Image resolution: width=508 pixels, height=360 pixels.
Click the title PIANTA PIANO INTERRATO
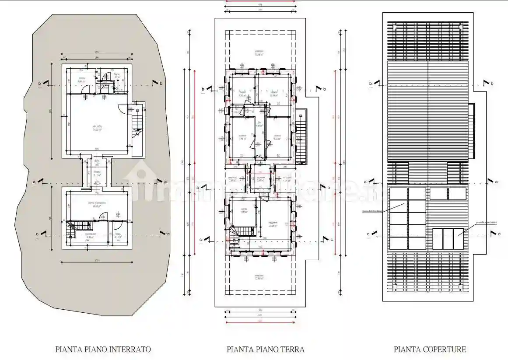103,350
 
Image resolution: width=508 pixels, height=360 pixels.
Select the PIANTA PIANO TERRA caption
265,350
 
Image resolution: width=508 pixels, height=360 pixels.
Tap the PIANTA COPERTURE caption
430,350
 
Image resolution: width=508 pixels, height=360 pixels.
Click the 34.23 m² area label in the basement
96,129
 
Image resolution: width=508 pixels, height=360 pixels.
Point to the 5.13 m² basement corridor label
97,174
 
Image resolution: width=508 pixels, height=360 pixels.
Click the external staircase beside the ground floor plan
301,136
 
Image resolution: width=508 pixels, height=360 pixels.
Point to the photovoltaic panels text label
372,211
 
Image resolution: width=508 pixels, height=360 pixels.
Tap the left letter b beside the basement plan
39,83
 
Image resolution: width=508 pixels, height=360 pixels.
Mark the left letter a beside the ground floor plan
197,188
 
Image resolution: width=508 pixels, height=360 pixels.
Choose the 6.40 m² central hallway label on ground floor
259,126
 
